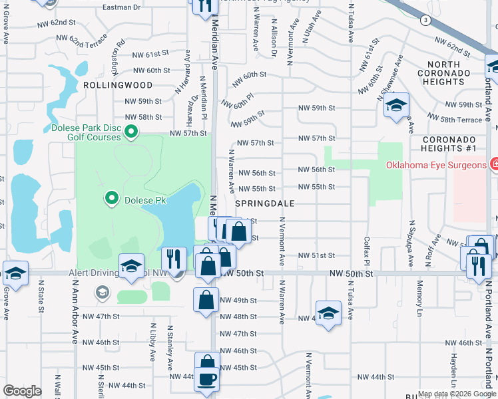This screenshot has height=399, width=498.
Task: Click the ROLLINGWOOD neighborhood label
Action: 117,85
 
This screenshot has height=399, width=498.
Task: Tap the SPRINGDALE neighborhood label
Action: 265,202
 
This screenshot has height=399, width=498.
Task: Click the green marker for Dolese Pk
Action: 111,198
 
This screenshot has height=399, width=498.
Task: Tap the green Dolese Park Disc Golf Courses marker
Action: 130,132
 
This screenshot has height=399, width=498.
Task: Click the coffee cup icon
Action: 207,379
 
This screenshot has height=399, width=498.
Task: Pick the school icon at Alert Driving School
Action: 132,266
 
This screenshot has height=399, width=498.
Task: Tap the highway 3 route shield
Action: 425,21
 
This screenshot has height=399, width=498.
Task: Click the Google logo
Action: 22,391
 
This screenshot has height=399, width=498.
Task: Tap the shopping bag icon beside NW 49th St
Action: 206,299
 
